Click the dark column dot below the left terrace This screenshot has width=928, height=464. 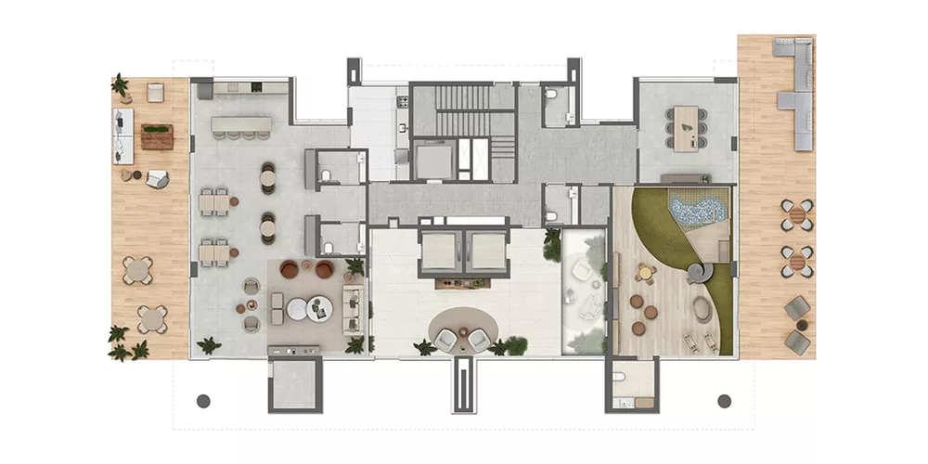(x=203, y=401)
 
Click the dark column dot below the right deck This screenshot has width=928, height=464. (x=725, y=401)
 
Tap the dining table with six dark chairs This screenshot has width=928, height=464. (x=688, y=126)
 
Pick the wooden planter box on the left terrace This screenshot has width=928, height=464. (x=156, y=136)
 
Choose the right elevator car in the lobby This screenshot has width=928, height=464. (x=485, y=251)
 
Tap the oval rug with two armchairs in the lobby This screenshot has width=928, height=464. (x=463, y=329)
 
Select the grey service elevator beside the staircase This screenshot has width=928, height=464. (x=432, y=161)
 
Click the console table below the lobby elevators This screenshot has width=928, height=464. (x=462, y=278)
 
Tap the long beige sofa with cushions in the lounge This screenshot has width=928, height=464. (x=352, y=308)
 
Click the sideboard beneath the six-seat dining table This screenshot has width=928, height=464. (x=686, y=177)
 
